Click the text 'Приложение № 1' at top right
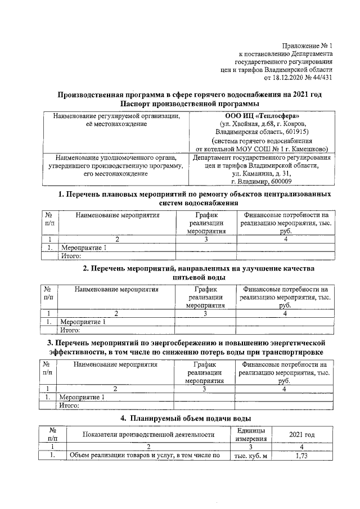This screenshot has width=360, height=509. click(x=308, y=46)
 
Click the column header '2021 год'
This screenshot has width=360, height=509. click(x=301, y=435)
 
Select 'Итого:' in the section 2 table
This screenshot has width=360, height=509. click(x=71, y=330)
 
